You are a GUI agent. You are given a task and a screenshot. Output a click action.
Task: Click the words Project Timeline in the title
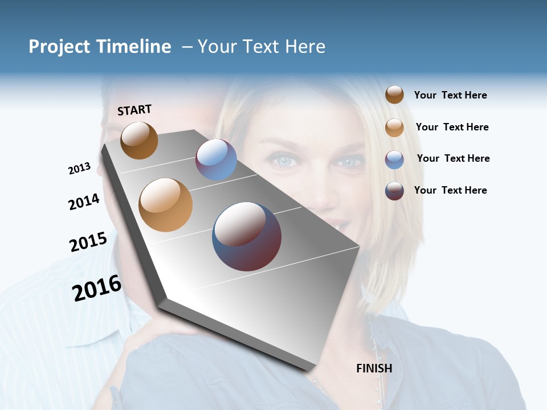click(100, 47)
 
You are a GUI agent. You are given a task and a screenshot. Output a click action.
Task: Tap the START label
click(134, 110)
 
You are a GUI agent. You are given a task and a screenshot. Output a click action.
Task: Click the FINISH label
click(374, 368)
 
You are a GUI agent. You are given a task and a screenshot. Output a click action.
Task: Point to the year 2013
click(80, 169)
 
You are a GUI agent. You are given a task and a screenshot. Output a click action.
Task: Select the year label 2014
click(84, 202)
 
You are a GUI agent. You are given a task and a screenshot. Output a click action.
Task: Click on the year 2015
click(88, 241)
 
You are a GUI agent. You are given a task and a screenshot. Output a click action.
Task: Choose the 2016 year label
click(97, 288)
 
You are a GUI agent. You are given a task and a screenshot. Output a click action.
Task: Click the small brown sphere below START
click(139, 140)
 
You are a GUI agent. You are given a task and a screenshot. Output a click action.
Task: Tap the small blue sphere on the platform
click(216, 159)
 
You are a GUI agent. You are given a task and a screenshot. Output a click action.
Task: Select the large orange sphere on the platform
click(166, 205)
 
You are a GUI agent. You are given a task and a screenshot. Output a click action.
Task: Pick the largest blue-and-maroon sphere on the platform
click(247, 236)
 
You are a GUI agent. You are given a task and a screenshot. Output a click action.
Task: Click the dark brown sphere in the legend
click(394, 95)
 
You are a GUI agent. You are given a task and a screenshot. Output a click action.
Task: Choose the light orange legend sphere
click(394, 128)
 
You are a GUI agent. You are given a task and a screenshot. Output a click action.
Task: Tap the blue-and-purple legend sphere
click(394, 159)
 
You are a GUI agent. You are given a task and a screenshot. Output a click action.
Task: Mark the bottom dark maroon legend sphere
click(394, 191)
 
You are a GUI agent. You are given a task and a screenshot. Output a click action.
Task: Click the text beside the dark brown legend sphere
click(450, 96)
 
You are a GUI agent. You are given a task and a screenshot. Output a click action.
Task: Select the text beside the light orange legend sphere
click(452, 127)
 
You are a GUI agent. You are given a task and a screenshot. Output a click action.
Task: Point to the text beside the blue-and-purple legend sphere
click(453, 158)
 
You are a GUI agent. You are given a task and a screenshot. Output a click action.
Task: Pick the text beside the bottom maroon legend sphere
click(450, 190)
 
